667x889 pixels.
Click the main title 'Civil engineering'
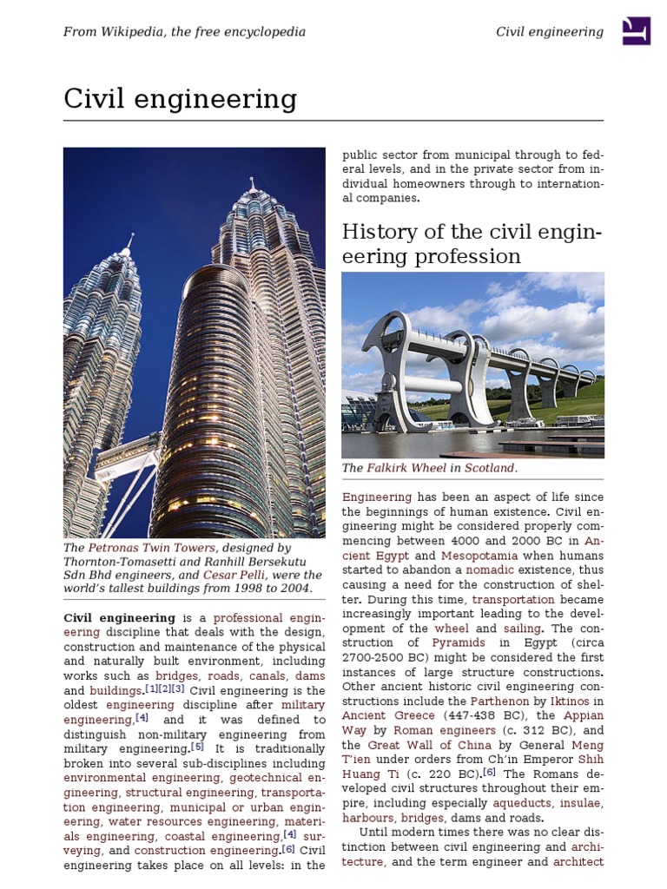tap(180, 100)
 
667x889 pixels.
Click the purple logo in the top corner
tap(636, 31)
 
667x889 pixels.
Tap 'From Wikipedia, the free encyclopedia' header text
tap(184, 32)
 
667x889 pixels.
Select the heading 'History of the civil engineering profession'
tap(472, 244)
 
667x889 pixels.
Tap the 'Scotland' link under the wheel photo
tap(489, 468)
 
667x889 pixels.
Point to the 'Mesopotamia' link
tap(479, 556)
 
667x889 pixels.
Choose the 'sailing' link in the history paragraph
tap(521, 629)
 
